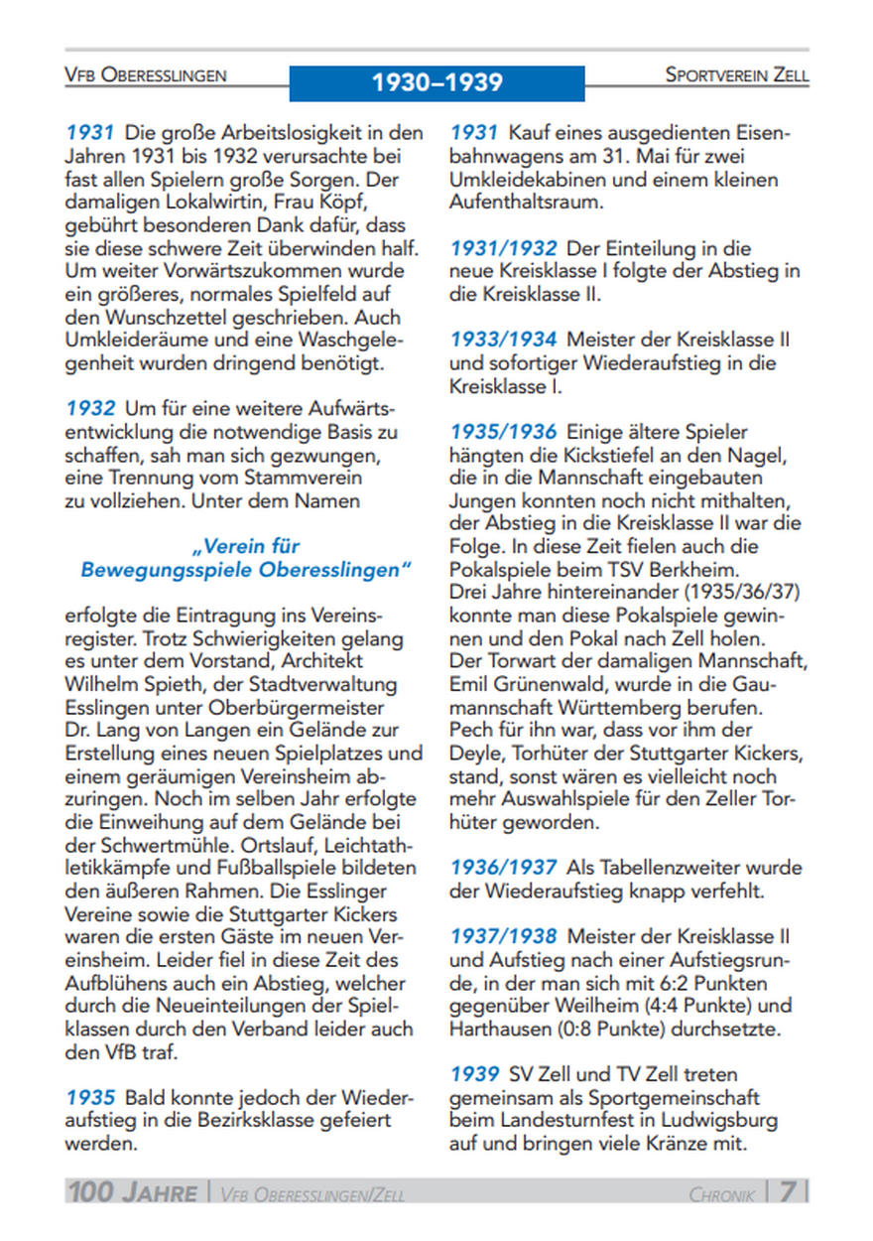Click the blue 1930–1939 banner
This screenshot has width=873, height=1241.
point(436,82)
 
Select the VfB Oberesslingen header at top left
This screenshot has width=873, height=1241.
point(145,75)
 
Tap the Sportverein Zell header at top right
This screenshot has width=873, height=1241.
point(736,75)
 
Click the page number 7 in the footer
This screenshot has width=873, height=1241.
point(787,1191)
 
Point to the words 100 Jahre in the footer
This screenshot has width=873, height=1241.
point(132,1191)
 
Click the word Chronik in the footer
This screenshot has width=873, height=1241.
point(722,1193)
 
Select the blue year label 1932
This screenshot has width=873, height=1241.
point(89,408)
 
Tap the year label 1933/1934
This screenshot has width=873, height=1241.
point(502,341)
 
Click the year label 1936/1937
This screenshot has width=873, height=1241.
point(502,868)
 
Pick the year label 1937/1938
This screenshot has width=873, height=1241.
point(502,936)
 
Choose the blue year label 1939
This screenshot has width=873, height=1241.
point(474,1074)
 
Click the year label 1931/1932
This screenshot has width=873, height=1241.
point(502,248)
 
